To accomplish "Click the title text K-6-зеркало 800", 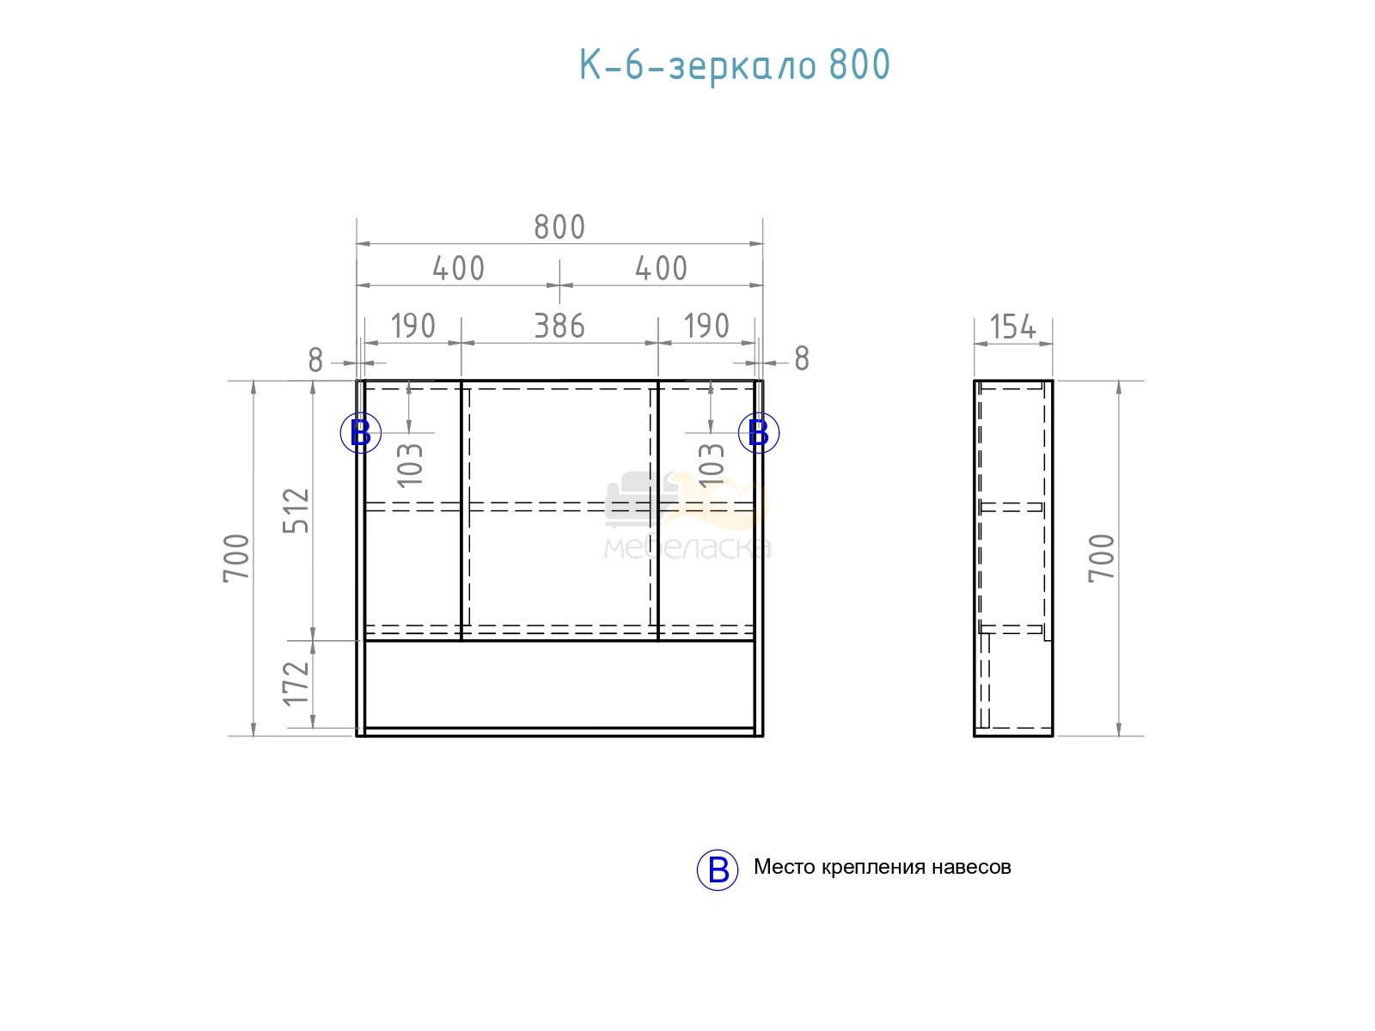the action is (734, 66).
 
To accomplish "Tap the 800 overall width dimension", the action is (559, 227).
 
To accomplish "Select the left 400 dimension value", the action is (459, 268).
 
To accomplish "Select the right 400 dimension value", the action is (662, 268).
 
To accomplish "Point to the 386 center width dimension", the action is (559, 326).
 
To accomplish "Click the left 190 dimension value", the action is (412, 326).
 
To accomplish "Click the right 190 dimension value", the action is (706, 326).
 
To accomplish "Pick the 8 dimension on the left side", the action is (315, 360).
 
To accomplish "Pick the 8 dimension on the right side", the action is (802, 358).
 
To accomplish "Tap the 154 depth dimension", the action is (1013, 326).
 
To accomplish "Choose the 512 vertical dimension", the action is (296, 510).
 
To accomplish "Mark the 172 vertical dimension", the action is (296, 684).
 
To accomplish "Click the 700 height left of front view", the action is (237, 558).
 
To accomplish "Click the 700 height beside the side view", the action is (1102, 558).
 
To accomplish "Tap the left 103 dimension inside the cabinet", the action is (410, 465).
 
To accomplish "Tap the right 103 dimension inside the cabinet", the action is (712, 465).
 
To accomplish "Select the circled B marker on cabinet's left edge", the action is (361, 432).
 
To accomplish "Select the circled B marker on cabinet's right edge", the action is (759, 432).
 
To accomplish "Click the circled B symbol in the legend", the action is (718, 869).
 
